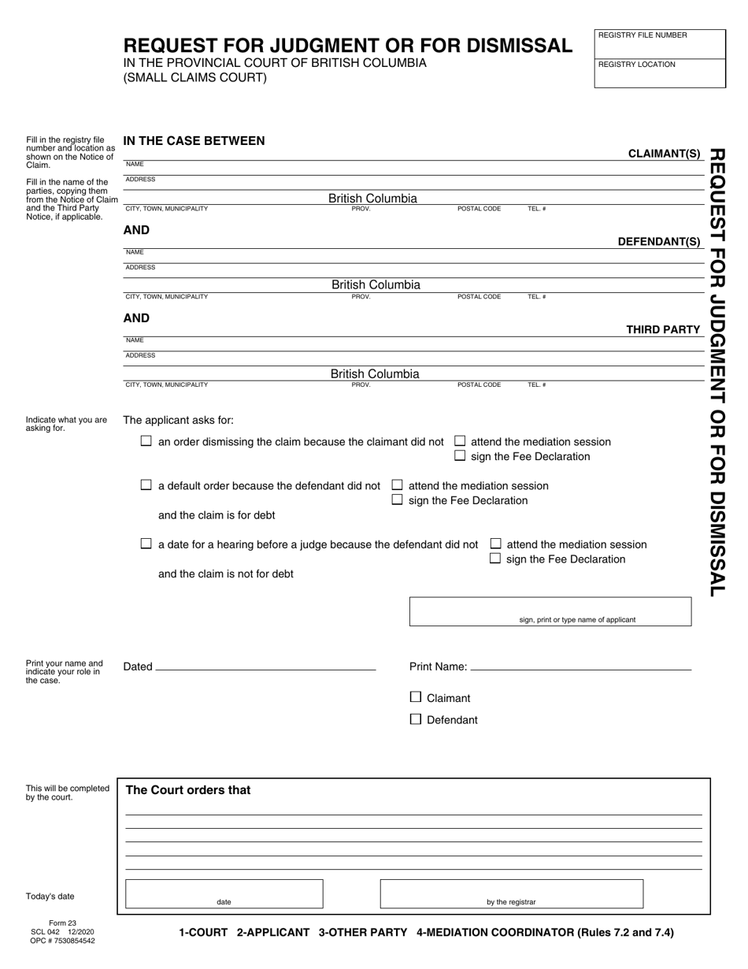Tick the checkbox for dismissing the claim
tap(146, 441)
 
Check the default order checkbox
tap(146, 485)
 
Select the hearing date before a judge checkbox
tap(146, 544)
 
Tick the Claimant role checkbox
tap(416, 697)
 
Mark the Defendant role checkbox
tap(416, 719)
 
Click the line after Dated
tap(265, 666)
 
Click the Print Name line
tap(580, 666)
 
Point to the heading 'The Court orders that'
tap(188, 790)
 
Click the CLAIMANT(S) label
tap(664, 154)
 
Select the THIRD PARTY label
tap(663, 329)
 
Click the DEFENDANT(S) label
tap(659, 242)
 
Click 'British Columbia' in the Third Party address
tap(375, 374)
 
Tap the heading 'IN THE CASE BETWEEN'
tap(194, 141)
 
